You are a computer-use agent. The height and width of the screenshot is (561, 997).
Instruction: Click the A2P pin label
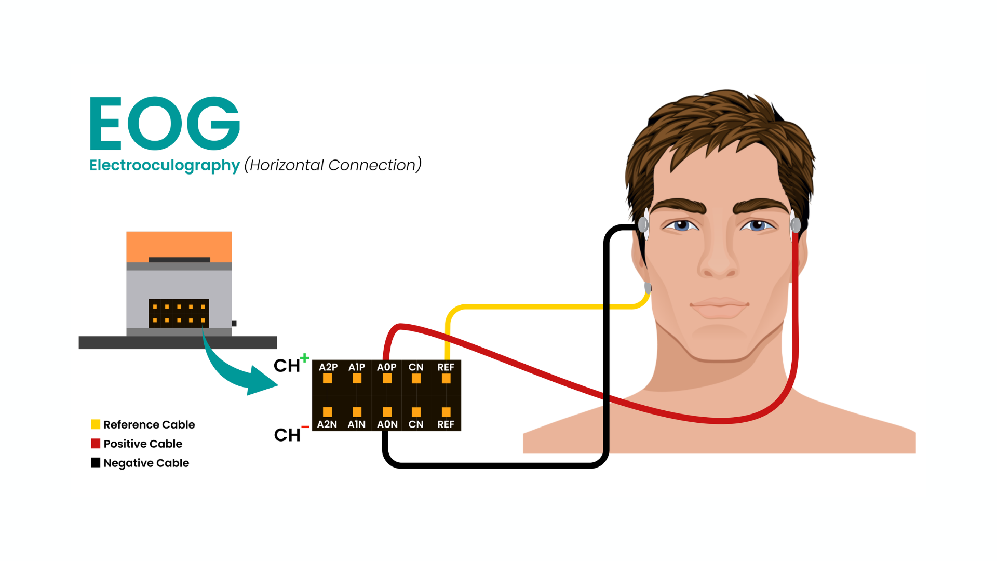(x=328, y=367)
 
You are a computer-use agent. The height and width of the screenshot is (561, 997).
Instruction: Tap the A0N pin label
(x=387, y=424)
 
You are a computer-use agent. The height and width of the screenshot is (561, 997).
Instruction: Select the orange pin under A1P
(x=357, y=379)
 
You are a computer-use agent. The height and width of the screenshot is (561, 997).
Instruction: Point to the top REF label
(x=446, y=367)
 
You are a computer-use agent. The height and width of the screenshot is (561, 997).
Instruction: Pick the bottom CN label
(x=416, y=424)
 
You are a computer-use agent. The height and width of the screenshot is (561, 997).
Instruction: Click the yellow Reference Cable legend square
(x=96, y=424)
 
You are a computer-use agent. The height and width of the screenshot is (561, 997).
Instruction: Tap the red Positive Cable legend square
(x=96, y=444)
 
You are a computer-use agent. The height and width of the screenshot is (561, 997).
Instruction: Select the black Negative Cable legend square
(x=96, y=462)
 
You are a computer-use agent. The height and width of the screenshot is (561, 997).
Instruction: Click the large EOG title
(x=165, y=123)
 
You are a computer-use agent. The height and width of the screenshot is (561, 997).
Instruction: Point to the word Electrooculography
(x=165, y=165)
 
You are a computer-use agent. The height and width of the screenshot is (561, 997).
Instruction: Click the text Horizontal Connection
(x=333, y=165)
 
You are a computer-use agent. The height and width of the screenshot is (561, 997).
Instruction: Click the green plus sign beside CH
(x=305, y=357)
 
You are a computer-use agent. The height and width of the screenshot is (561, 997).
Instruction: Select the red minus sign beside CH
(x=305, y=427)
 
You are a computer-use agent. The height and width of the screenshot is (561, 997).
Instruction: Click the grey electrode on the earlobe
(x=648, y=287)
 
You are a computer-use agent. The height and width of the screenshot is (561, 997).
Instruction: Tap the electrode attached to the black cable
(x=643, y=224)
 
